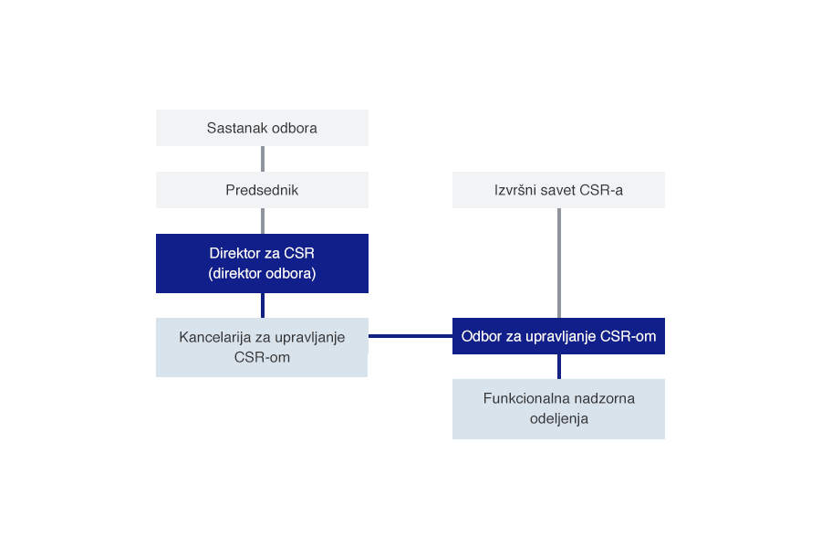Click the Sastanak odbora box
pyautogui.click(x=262, y=128)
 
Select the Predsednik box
pyautogui.click(x=262, y=190)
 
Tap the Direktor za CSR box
pyautogui.click(x=262, y=263)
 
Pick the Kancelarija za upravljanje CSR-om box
pyautogui.click(x=262, y=347)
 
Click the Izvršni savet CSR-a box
pyautogui.click(x=558, y=190)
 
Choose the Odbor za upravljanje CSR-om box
pyautogui.click(x=558, y=336)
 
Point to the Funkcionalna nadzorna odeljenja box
pyautogui.click(x=558, y=408)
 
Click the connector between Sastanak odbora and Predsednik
pyautogui.click(x=263, y=159)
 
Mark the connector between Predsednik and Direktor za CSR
pyautogui.click(x=263, y=220)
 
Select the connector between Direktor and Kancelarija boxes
pyautogui.click(x=263, y=305)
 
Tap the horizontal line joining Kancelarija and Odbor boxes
pyautogui.click(x=410, y=336)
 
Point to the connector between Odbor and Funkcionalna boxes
pyautogui.click(x=558, y=366)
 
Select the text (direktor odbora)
pyautogui.click(x=262, y=273)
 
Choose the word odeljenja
pyautogui.click(x=558, y=419)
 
